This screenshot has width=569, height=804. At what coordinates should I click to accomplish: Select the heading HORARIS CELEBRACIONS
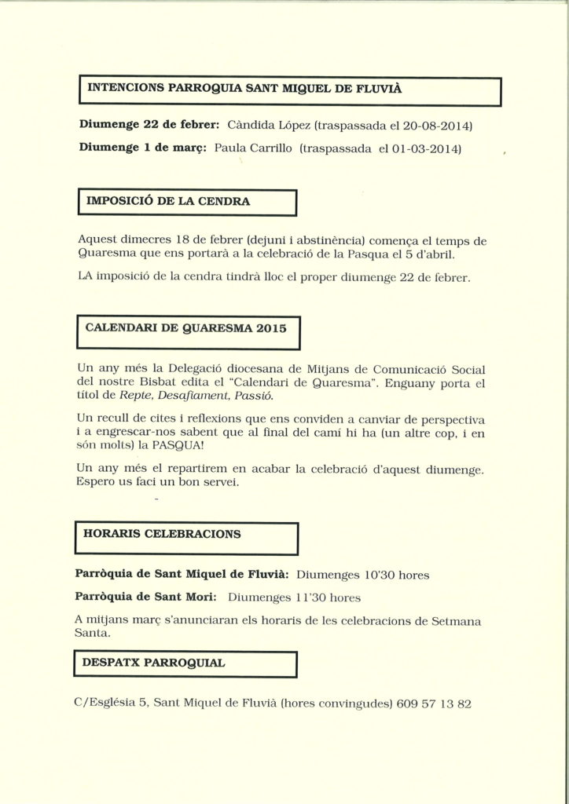tap(163, 533)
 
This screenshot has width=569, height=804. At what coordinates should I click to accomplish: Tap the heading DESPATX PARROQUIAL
tap(153, 663)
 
